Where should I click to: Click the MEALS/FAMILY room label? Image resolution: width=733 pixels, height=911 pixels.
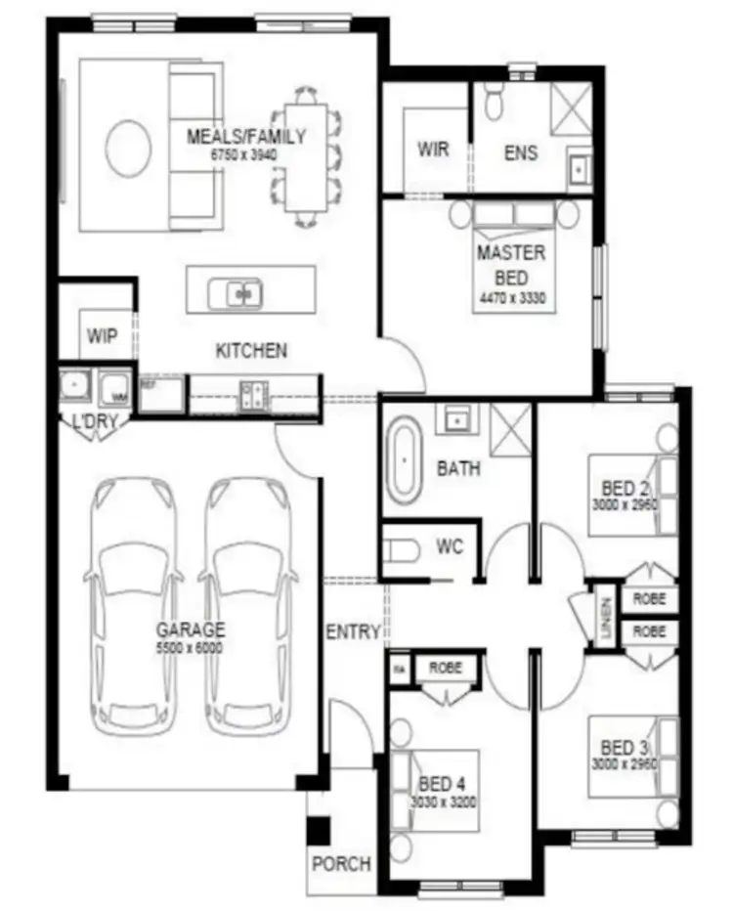pyautogui.click(x=246, y=137)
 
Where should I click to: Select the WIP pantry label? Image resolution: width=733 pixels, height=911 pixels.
pyautogui.click(x=102, y=336)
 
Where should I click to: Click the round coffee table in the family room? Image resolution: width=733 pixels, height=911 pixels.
pyautogui.click(x=128, y=149)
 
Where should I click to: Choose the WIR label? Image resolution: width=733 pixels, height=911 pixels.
pyautogui.click(x=433, y=150)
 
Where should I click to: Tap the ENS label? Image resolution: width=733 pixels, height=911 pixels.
pyautogui.click(x=521, y=153)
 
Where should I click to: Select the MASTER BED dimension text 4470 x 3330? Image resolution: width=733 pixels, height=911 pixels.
pyautogui.click(x=511, y=296)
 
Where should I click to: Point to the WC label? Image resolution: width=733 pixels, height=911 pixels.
pyautogui.click(x=450, y=547)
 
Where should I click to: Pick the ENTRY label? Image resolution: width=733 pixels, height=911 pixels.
pyautogui.click(x=352, y=632)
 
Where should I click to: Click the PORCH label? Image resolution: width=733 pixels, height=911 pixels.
pyautogui.click(x=341, y=864)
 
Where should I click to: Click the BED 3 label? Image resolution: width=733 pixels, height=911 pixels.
pyautogui.click(x=619, y=747)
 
